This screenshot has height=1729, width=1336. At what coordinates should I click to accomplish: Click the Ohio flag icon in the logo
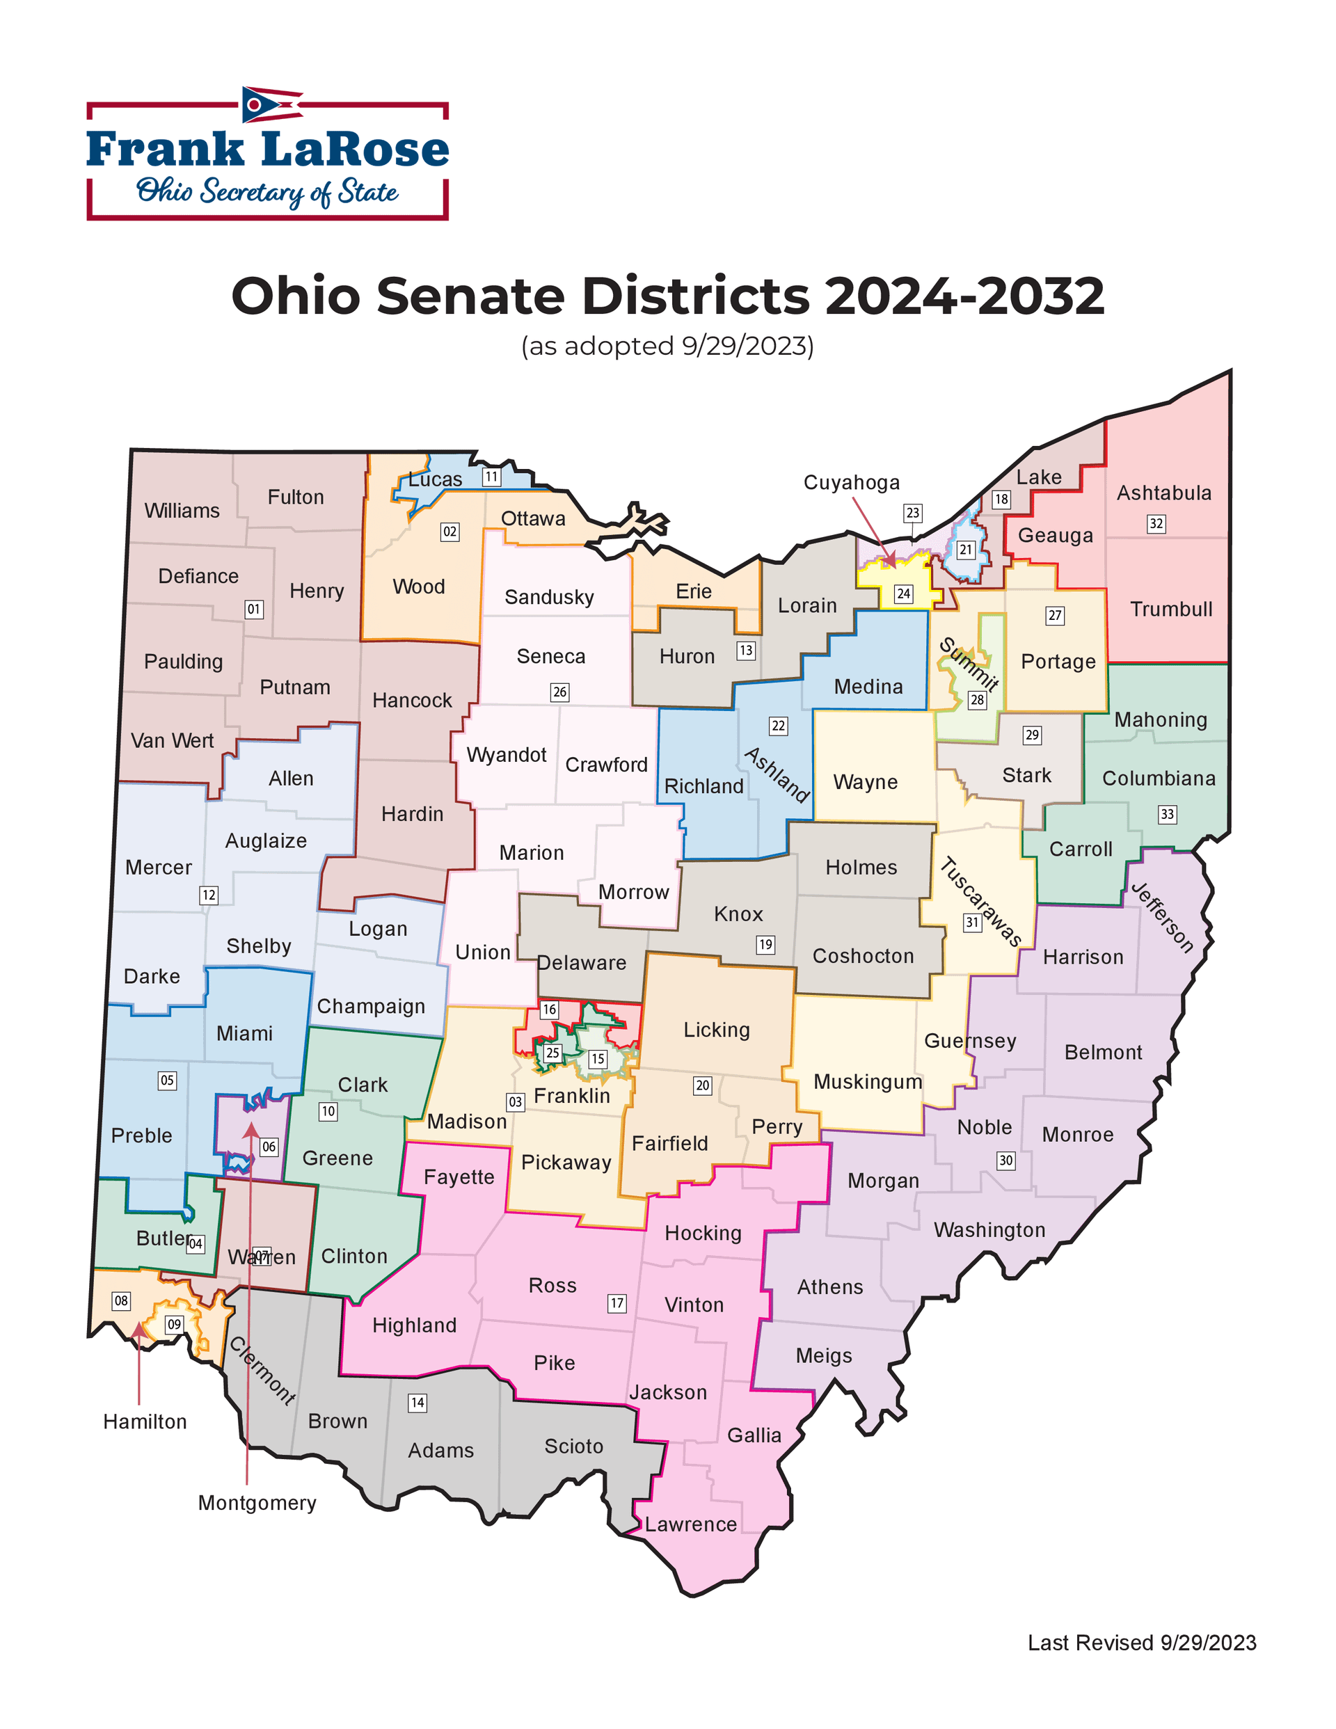271,104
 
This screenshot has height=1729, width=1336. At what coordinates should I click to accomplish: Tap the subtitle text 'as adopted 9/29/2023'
667,346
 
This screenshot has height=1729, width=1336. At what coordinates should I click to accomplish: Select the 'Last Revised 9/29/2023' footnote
1141,1643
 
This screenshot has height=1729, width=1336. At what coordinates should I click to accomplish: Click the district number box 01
253,609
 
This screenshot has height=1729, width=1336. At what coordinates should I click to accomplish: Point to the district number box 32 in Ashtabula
1156,523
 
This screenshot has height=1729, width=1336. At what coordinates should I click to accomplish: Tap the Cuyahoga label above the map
851,482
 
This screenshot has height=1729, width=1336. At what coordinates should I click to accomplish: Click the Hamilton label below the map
145,1422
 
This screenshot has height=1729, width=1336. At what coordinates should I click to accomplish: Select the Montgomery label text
257,1503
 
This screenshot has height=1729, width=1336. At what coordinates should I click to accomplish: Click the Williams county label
182,511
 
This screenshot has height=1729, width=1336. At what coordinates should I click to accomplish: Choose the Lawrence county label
690,1524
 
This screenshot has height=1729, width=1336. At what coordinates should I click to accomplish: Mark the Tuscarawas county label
980,902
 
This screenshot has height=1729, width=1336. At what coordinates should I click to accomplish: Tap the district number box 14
417,1403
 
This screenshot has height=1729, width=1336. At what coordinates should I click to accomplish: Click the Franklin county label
572,1096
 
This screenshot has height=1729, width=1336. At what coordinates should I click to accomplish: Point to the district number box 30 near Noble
1005,1161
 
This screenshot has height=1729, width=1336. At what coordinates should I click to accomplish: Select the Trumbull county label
1170,609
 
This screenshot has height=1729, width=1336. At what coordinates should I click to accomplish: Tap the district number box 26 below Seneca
560,692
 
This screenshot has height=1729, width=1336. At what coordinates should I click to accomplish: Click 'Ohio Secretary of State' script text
267,191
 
